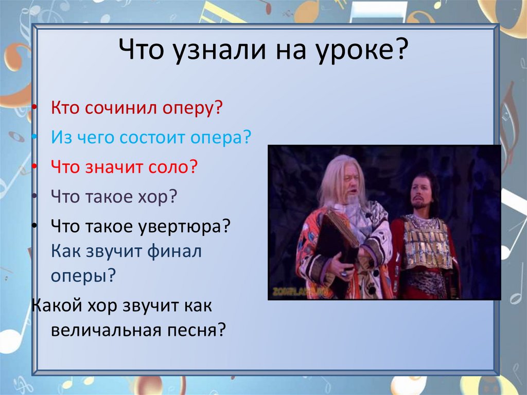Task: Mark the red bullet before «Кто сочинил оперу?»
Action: (34, 109)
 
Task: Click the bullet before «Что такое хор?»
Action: (34, 197)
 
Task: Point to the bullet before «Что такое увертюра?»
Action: (34, 226)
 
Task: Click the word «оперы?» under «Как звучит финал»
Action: (82, 276)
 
